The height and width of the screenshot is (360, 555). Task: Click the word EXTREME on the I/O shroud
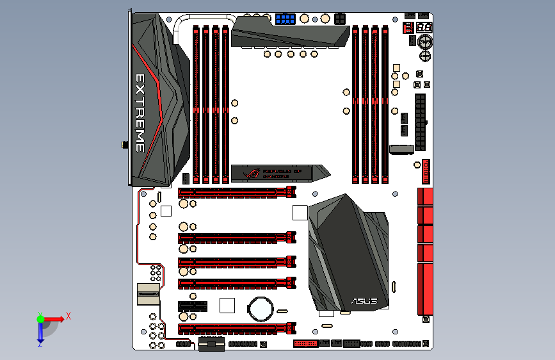pyautogui.click(x=140, y=113)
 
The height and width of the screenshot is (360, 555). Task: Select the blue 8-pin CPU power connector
pyautogui.click(x=286, y=19)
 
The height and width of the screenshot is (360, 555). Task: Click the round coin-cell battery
pyautogui.click(x=261, y=308)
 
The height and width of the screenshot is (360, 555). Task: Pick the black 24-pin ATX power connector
pyautogui.click(x=420, y=122)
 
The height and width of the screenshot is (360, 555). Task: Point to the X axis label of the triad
pyautogui.click(x=68, y=316)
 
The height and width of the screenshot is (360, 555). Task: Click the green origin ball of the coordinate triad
pyautogui.click(x=40, y=318)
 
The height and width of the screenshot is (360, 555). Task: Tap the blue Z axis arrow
pyautogui.click(x=40, y=333)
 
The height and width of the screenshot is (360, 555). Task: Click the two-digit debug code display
pyautogui.click(x=422, y=28)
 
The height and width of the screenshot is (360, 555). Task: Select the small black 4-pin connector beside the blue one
pyautogui.click(x=339, y=17)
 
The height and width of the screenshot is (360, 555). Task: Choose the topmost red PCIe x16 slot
pyautogui.click(x=237, y=192)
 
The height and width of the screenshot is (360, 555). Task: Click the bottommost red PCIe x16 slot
pyautogui.click(x=237, y=329)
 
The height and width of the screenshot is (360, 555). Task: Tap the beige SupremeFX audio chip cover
pyautogui.click(x=148, y=294)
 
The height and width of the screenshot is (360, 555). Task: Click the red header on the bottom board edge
pyautogui.click(x=305, y=343)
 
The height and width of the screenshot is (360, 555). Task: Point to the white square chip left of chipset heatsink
pyautogui.click(x=300, y=212)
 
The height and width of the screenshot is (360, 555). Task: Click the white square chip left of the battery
pyautogui.click(x=228, y=306)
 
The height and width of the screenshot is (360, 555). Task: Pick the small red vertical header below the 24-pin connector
pyautogui.click(x=426, y=172)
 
